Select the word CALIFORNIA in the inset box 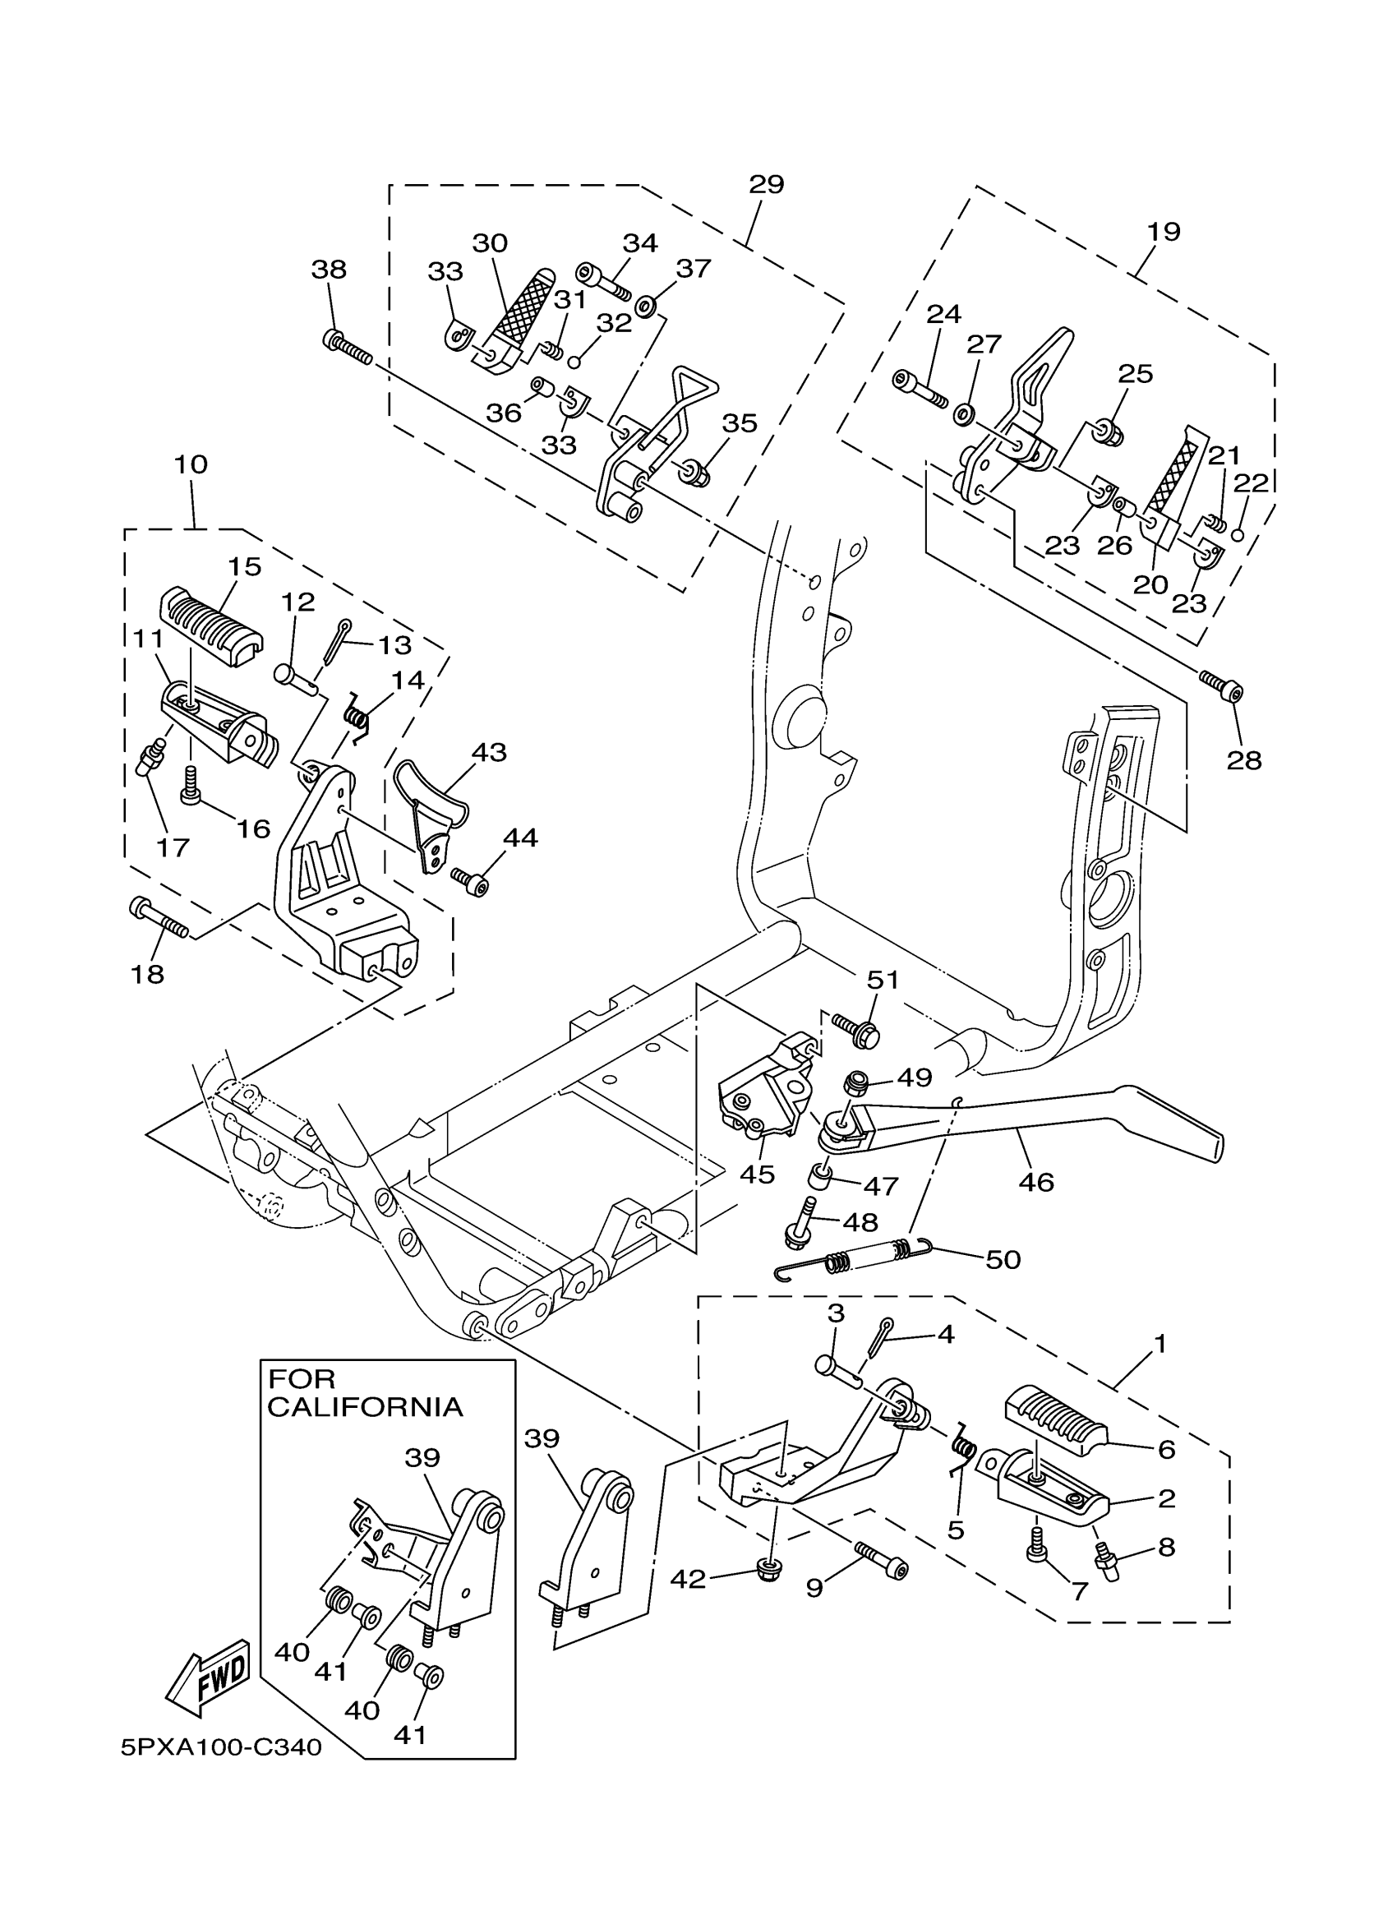click(365, 1407)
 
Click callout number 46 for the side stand click(1035, 1181)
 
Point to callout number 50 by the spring click(1003, 1259)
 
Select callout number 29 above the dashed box click(766, 185)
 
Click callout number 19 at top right click(1163, 231)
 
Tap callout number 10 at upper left click(191, 464)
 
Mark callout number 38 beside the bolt click(329, 270)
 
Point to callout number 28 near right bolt click(1244, 760)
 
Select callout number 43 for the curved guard click(489, 752)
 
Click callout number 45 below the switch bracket click(757, 1174)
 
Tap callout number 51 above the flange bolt click(883, 980)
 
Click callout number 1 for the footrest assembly click(1159, 1344)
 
